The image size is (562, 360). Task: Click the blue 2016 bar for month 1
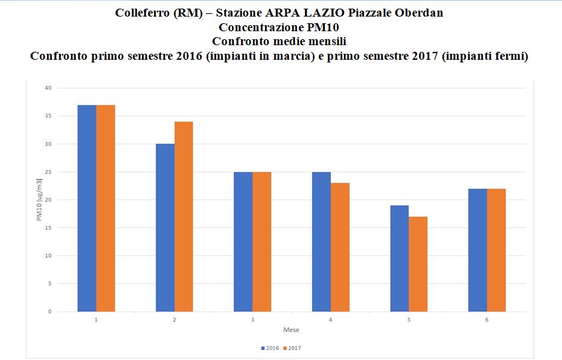pyautogui.click(x=87, y=208)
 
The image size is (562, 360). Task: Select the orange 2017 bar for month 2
pyautogui.click(x=183, y=217)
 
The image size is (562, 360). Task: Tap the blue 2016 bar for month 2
pyautogui.click(x=165, y=228)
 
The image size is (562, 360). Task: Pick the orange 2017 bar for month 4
pyautogui.click(x=339, y=247)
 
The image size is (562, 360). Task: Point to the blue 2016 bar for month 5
pyautogui.click(x=399, y=258)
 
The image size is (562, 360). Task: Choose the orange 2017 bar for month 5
pyautogui.click(x=418, y=264)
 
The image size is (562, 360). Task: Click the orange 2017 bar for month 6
pyautogui.click(x=496, y=250)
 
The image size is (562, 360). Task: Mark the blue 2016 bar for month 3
pyautogui.click(x=243, y=242)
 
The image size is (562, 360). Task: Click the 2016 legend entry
pyautogui.click(x=270, y=347)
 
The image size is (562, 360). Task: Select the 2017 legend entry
pyautogui.click(x=292, y=347)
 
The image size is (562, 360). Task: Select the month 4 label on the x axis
pyautogui.click(x=331, y=320)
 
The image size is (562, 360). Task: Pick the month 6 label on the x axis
pyautogui.click(x=487, y=320)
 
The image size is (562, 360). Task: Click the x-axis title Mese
pyautogui.click(x=291, y=330)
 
